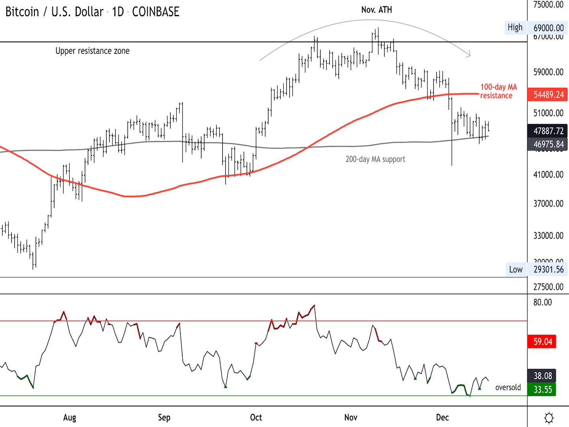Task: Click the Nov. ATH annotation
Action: (377, 10)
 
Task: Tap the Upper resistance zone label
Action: (92, 51)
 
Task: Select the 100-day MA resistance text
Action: (498, 91)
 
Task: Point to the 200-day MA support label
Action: (375, 159)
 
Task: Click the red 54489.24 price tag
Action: (548, 94)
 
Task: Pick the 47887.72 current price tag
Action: (548, 131)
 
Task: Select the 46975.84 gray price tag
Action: (548, 144)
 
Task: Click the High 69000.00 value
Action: (548, 28)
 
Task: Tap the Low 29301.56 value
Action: (548, 270)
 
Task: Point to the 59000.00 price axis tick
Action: (548, 72)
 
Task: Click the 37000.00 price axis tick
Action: (548, 204)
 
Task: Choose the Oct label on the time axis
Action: (256, 418)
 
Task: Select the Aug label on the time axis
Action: (70, 418)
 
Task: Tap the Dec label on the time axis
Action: (442, 418)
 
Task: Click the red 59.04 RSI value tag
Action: (543, 342)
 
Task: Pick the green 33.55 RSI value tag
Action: (543, 389)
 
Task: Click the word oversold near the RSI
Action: (508, 387)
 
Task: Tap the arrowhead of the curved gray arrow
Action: (469, 55)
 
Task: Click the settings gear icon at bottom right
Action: (549, 418)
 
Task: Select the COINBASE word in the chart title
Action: (156, 12)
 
